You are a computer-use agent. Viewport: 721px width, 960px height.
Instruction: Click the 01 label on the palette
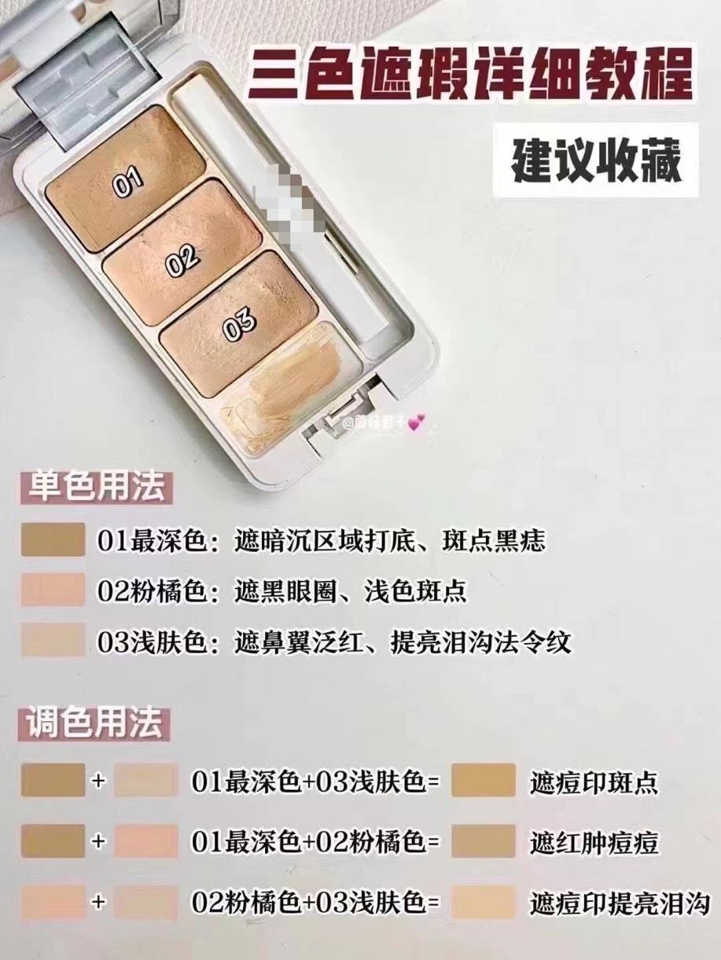pyautogui.click(x=128, y=182)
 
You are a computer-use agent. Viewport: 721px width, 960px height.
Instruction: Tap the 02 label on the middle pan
pyautogui.click(x=182, y=262)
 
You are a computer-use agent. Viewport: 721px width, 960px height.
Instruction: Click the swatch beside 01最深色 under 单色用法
pyautogui.click(x=53, y=540)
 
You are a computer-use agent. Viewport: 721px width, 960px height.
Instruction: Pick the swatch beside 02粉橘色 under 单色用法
pyautogui.click(x=53, y=590)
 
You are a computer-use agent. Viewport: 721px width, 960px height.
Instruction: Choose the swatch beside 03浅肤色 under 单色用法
pyautogui.click(x=53, y=641)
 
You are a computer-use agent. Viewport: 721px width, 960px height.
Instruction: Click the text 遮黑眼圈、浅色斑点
pyautogui.click(x=351, y=591)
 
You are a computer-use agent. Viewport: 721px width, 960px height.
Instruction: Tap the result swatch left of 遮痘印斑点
pyautogui.click(x=484, y=781)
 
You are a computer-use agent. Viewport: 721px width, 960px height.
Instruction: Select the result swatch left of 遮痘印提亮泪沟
pyautogui.click(x=484, y=902)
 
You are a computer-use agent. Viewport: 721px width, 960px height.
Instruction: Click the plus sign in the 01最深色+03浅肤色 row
pyautogui.click(x=98, y=782)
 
